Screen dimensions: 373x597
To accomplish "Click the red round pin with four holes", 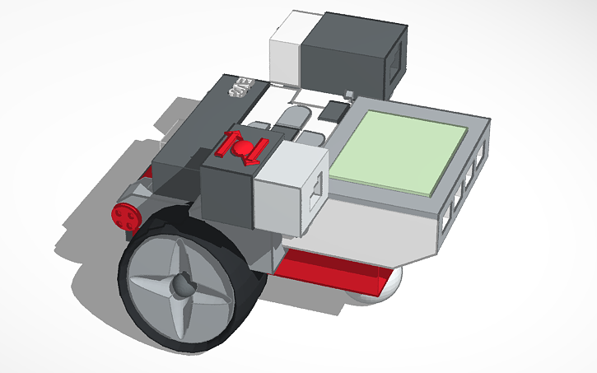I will (125, 216).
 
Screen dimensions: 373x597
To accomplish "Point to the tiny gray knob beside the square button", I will (350, 96).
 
